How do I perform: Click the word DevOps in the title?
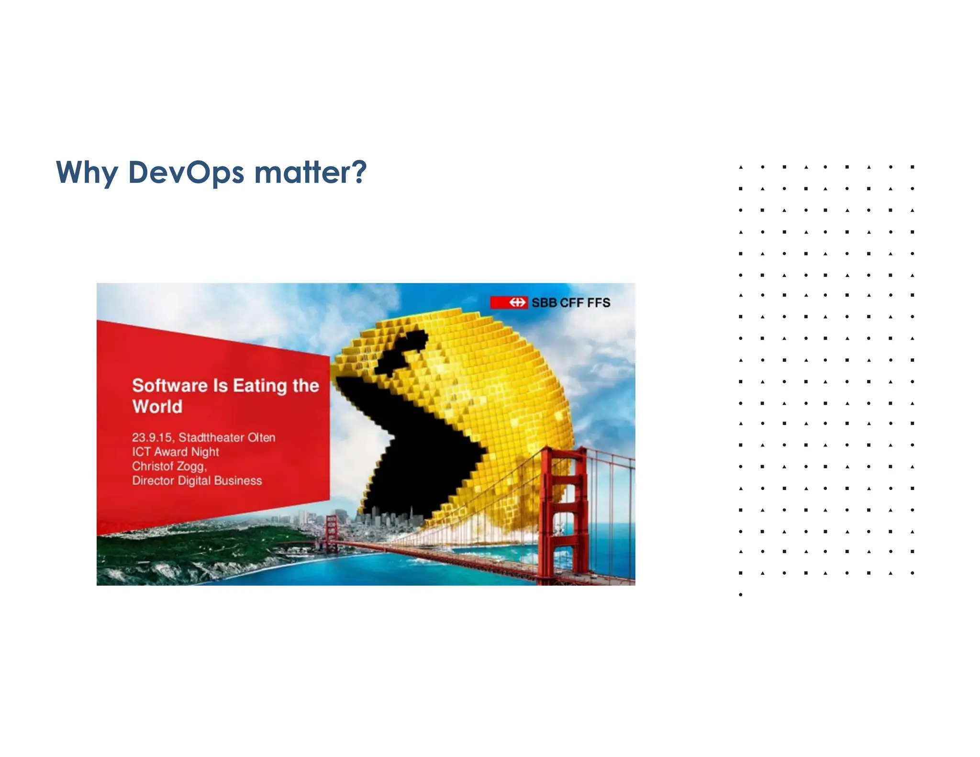pyautogui.click(x=187, y=172)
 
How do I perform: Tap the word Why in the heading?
pyautogui.click(x=87, y=172)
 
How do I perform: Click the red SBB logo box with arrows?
pyautogui.click(x=509, y=302)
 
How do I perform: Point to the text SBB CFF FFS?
pyautogui.click(x=571, y=303)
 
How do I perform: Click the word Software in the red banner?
pyautogui.click(x=170, y=386)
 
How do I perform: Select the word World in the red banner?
pyautogui.click(x=157, y=407)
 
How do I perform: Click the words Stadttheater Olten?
pyautogui.click(x=227, y=437)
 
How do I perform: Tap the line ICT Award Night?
pyautogui.click(x=175, y=452)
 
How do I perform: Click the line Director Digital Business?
pyautogui.click(x=197, y=480)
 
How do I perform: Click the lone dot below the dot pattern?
pyautogui.click(x=741, y=595)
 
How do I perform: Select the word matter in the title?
pyautogui.click(x=301, y=172)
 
